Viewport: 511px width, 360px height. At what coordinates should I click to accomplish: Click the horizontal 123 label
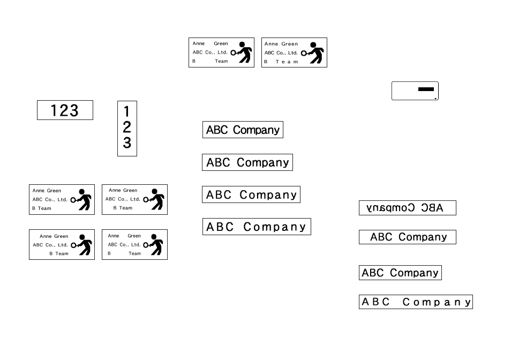click(x=65, y=110)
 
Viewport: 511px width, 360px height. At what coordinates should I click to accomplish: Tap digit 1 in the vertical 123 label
click(x=127, y=112)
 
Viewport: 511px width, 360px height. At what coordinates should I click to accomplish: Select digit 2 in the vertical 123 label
click(x=127, y=127)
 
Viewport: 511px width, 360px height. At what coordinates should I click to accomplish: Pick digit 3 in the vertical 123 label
click(x=127, y=142)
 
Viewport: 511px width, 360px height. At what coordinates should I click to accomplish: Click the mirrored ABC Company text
click(x=404, y=207)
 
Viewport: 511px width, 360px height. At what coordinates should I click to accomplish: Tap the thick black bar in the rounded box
click(x=426, y=89)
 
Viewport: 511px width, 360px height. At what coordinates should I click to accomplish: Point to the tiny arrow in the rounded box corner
click(x=435, y=99)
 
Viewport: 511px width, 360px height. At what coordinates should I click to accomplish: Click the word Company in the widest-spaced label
click(x=437, y=302)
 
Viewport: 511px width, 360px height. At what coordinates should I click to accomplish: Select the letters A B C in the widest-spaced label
click(x=375, y=302)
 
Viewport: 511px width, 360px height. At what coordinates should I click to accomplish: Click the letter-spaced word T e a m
click(x=287, y=62)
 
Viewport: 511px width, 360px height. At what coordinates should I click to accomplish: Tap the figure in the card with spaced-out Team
click(x=312, y=52)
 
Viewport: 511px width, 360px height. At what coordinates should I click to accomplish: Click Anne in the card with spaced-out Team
click(x=271, y=43)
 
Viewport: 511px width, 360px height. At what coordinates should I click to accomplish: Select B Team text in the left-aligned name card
click(x=42, y=208)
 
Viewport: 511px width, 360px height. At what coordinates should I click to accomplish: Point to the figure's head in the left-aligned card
click(x=82, y=192)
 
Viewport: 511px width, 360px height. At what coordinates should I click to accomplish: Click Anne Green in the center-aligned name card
click(x=123, y=190)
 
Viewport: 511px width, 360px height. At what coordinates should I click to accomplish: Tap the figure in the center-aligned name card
click(x=154, y=199)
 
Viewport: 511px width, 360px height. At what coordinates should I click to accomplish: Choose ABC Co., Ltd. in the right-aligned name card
click(x=50, y=245)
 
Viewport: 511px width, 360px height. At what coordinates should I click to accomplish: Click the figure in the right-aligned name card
click(x=81, y=244)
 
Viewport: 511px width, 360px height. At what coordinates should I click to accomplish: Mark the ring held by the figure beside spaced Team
click(x=304, y=53)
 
